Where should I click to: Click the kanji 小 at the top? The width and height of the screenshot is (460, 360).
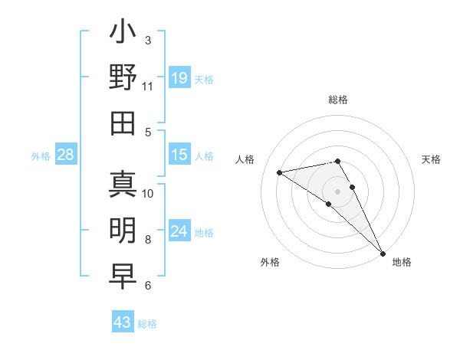[123, 33]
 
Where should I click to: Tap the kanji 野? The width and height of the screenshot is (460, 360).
[123, 78]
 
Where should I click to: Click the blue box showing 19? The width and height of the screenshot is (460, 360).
[179, 77]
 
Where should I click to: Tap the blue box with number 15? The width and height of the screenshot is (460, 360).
[179, 155]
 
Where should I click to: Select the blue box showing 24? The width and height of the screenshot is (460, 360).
[179, 231]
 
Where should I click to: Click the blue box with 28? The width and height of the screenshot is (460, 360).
[65, 155]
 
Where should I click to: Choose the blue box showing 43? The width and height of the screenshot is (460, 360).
[122, 322]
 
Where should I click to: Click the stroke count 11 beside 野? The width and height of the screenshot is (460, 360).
[148, 86]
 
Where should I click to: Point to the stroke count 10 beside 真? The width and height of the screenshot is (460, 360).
[148, 193]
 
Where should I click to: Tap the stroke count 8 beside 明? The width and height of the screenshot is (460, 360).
[148, 240]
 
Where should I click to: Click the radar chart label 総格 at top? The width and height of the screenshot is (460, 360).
[337, 100]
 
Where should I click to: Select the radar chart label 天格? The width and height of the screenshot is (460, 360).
[431, 159]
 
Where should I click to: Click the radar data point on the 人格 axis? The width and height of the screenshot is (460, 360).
[280, 172]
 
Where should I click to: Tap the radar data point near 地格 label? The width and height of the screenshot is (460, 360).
[382, 253]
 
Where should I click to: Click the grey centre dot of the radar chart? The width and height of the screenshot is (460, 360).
[337, 191]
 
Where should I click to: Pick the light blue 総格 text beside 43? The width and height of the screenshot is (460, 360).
[147, 324]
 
